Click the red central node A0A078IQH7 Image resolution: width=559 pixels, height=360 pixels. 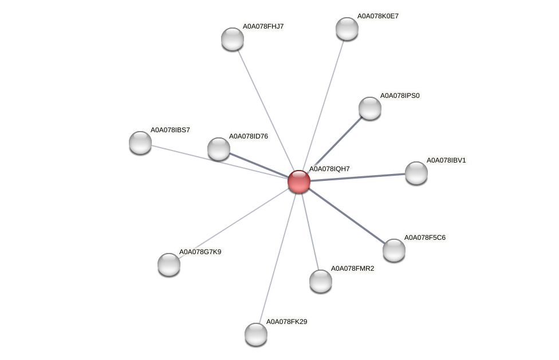coord(298,181)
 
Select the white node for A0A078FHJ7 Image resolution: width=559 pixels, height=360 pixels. coord(233,38)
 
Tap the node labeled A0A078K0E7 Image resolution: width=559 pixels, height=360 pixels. coord(347,29)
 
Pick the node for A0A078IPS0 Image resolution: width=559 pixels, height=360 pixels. coord(369,108)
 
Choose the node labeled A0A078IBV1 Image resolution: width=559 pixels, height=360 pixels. coord(416,172)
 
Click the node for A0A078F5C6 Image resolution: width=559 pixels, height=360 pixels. coord(393,250)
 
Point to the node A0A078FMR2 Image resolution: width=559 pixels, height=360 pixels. coord(320,280)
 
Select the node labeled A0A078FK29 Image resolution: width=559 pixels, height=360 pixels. coord(255,334)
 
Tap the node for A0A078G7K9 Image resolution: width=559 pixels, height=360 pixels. coord(168,264)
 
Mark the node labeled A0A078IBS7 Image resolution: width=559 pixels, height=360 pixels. coord(140,142)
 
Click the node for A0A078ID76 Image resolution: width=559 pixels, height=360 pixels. coord(218,149)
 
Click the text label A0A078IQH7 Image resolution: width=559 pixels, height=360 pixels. coord(329,169)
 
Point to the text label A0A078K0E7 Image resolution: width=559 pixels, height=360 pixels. coord(377,16)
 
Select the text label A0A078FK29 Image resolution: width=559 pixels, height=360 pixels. coord(286,322)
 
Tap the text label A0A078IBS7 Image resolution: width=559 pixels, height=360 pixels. coord(170,130)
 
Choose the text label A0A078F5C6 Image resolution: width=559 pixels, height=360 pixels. coord(424,238)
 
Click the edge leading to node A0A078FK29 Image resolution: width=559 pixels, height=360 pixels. coord(277,258)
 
